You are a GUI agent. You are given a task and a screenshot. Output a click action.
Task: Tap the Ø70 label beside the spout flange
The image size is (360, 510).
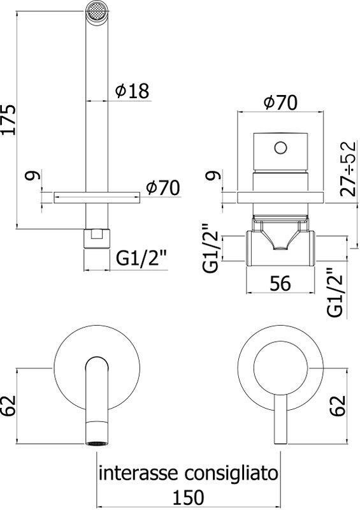(162, 187)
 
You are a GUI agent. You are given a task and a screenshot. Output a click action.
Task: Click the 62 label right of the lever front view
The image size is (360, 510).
(338, 405)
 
